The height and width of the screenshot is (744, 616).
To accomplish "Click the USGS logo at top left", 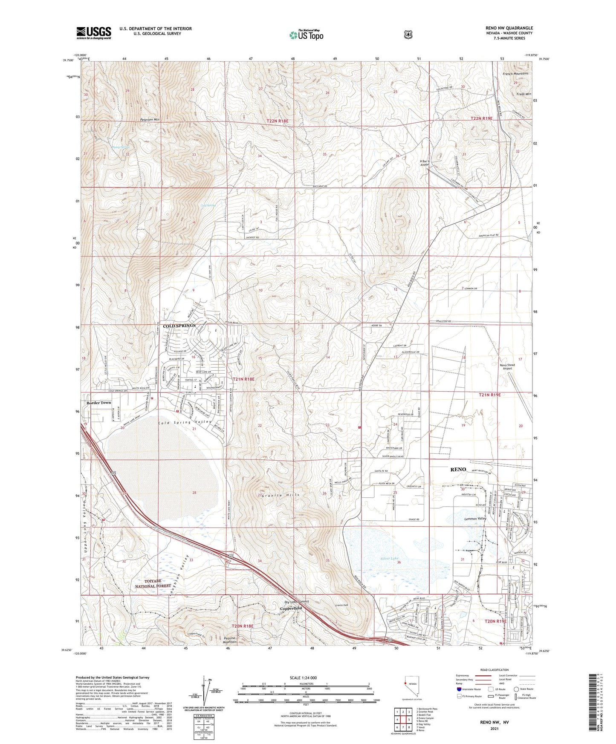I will [94, 32].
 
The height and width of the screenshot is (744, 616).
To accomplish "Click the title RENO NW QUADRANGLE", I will [509, 28].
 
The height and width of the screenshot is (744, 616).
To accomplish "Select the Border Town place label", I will [99, 403].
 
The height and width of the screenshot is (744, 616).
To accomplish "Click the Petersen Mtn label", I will [150, 120].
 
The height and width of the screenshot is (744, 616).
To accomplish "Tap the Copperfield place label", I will [291, 608].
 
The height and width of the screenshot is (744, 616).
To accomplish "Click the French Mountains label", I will [515, 73].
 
